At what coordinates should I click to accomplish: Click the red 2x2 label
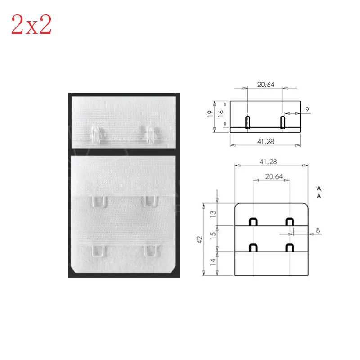pos(31,25)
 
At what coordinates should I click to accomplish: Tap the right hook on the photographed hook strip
pos(149,133)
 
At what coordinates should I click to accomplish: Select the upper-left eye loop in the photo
pos(99,201)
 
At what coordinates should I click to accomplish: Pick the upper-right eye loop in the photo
pos(150,201)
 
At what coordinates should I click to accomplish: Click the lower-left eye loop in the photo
pos(99,251)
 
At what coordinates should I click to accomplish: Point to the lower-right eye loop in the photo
pos(150,251)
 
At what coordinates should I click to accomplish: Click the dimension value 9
pos(306,109)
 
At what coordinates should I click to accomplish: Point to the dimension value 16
pos(220,113)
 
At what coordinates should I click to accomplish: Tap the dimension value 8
pos(318,230)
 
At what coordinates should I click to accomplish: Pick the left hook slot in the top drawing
pos(247,122)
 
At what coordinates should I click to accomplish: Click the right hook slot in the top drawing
pos(283,122)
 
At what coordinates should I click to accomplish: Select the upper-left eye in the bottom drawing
pos(253,221)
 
